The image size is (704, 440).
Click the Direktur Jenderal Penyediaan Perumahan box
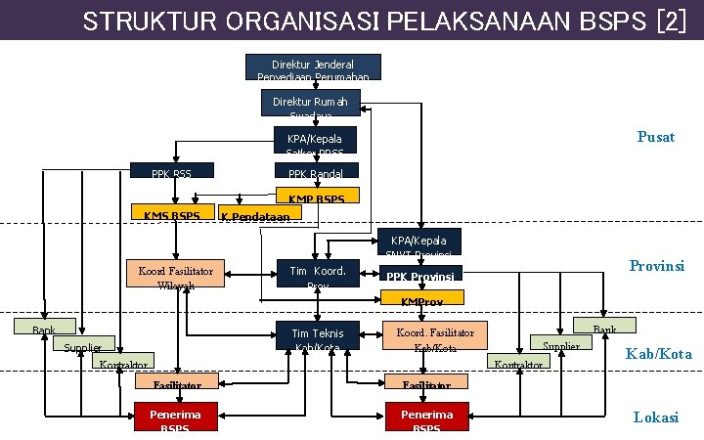click(312, 66)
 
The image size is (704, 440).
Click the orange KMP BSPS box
click(317, 196)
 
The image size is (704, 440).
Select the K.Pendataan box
click(258, 214)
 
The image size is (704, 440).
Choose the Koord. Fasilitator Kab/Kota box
click(434, 337)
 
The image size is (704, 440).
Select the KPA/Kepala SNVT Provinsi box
click(418, 242)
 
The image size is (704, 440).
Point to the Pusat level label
click(655, 137)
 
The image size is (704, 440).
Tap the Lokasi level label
click(655, 418)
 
